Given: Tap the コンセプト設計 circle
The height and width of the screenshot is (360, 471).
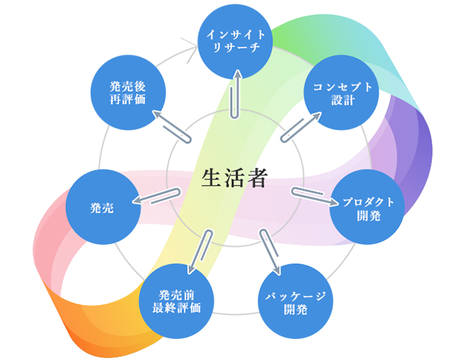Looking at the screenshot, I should pos(343,94).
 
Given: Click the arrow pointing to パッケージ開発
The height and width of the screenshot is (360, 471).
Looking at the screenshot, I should pos(271,252).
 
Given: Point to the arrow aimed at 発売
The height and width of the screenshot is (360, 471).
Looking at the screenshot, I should pos(157,196).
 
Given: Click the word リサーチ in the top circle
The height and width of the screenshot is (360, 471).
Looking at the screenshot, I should pos(235,48).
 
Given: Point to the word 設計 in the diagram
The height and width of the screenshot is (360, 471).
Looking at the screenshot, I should pos(342,100).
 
